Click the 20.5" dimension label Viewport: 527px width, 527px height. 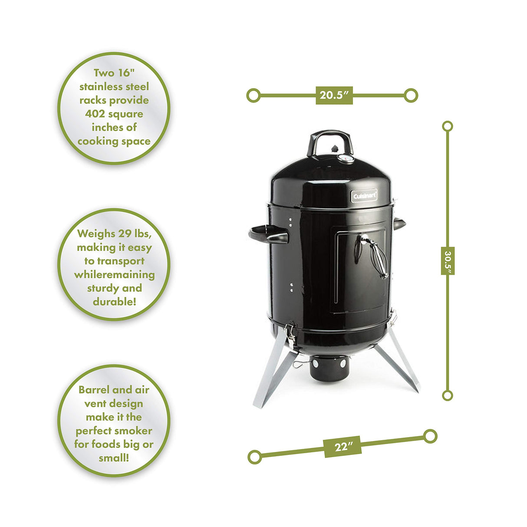[x=334, y=95]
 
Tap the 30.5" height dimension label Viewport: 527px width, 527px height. [x=448, y=260]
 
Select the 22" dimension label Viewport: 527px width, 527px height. [x=343, y=446]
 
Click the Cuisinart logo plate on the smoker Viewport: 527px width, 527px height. [x=364, y=196]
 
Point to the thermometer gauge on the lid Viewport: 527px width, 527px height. [x=346, y=158]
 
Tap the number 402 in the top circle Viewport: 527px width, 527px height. [x=99, y=114]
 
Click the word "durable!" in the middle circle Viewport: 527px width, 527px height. [x=114, y=302]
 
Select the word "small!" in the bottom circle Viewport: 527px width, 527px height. [x=114, y=458]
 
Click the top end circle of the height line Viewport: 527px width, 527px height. [x=447, y=126]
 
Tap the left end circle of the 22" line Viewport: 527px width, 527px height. [x=254, y=457]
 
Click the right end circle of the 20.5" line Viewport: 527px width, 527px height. [x=411, y=95]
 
